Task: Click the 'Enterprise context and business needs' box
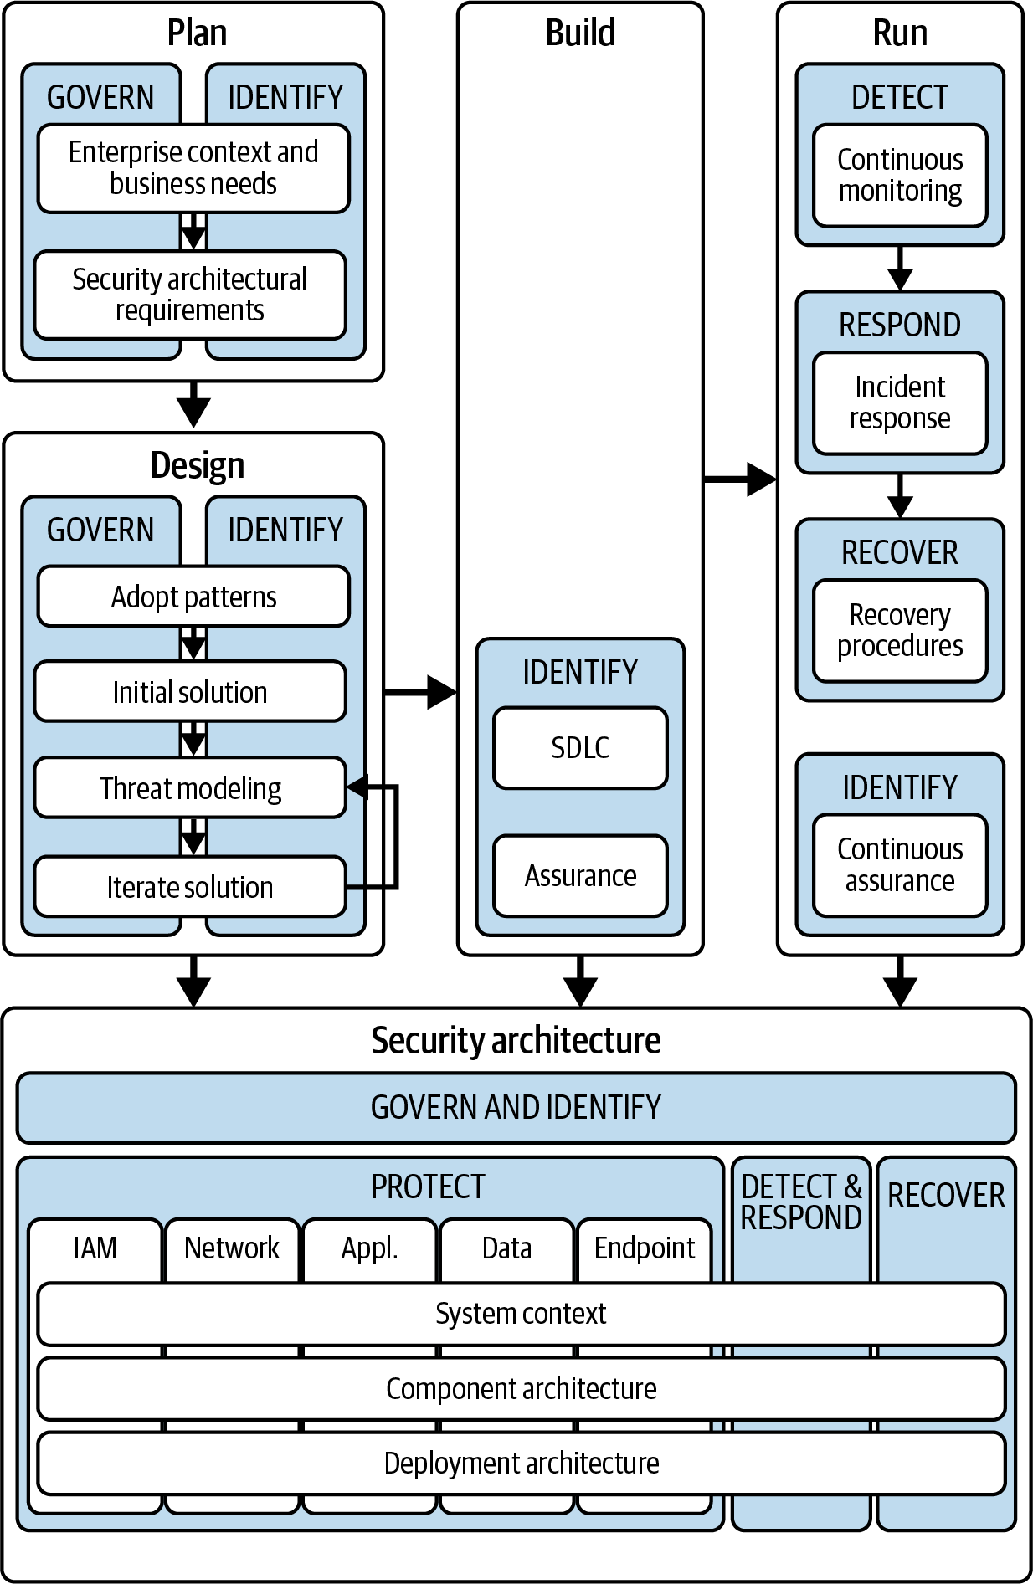coord(193,168)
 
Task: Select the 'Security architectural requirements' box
coord(190,295)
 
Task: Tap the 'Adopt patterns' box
coord(193,597)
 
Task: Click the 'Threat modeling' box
coord(190,787)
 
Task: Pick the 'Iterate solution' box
coord(190,886)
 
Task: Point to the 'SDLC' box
coord(580,747)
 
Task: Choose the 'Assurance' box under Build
coord(580,875)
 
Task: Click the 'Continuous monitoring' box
coord(900,175)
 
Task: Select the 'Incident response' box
coord(900,402)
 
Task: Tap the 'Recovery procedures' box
coord(900,630)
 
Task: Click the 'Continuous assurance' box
coord(900,864)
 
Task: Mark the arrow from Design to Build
coord(420,692)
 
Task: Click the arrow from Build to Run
coord(740,479)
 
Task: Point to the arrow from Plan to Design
coord(193,406)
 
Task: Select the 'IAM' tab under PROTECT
coord(95,1248)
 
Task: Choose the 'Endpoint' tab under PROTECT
coord(644,1248)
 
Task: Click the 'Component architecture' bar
coord(521,1388)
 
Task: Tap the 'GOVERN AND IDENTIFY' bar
coord(516,1107)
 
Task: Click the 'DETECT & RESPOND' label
coord(801,1202)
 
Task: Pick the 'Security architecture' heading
coord(516,1040)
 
